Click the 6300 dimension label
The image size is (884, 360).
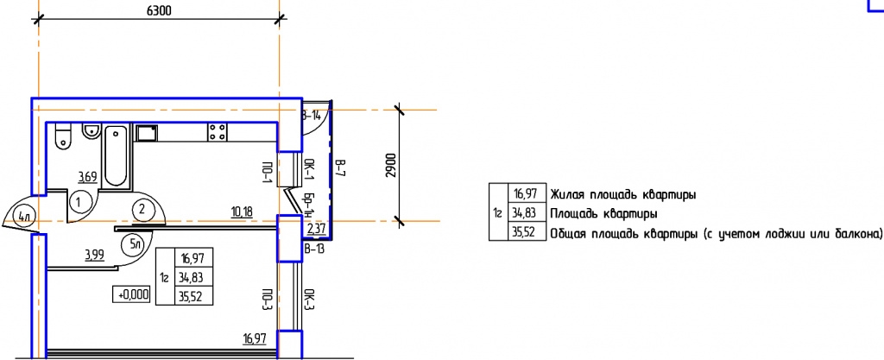159,11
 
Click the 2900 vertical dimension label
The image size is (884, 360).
392,166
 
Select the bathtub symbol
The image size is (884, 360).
116,156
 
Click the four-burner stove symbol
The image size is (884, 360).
217,132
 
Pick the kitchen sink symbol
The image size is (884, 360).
147,133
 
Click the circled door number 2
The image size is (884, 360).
142,210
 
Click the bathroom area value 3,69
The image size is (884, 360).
87,178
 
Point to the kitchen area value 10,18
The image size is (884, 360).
242,212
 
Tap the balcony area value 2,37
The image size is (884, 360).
316,229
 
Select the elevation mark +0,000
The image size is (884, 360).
134,294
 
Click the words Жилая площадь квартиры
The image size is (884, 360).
622,195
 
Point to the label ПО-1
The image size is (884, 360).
268,171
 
